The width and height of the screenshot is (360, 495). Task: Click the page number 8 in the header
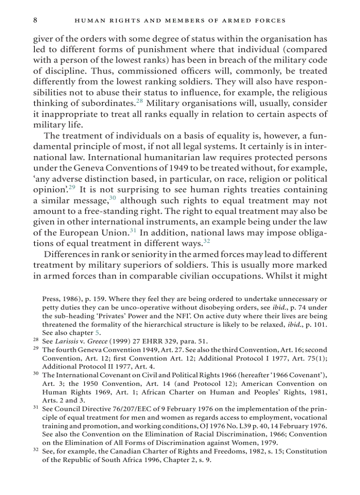35,20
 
